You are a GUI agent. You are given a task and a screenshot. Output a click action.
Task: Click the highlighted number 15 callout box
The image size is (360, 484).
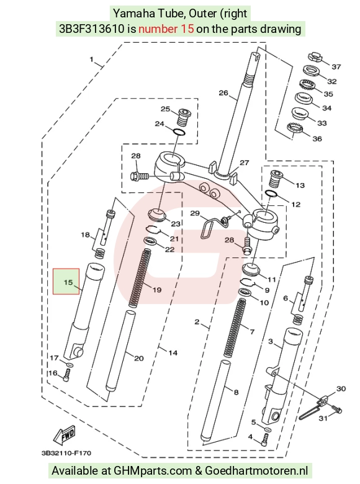pos(66,281)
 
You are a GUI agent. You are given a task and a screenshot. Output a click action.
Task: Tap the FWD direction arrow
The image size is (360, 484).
pos(65,435)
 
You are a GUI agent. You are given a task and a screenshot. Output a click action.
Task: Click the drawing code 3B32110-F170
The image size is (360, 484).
pos(66,453)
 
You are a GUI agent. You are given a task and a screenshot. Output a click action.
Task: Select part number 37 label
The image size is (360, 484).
pos(336,66)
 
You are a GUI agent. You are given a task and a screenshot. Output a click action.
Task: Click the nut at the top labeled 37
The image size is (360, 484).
pos(316,58)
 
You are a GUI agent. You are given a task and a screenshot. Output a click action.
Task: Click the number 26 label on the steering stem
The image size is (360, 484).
pos(223,92)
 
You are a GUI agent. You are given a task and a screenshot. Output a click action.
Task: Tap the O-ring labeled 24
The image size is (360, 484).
pos(179,132)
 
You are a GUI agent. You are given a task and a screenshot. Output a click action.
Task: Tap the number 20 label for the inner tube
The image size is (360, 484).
pos(139,358)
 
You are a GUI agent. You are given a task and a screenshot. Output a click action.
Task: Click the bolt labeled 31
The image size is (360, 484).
pos(336,410)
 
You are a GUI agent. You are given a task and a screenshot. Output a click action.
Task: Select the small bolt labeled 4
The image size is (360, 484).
pos(265,439)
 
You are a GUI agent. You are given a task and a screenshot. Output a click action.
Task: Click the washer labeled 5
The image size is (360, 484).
pos(268,429)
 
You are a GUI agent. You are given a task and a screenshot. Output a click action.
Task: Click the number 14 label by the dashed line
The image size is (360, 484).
pos(173,352)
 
